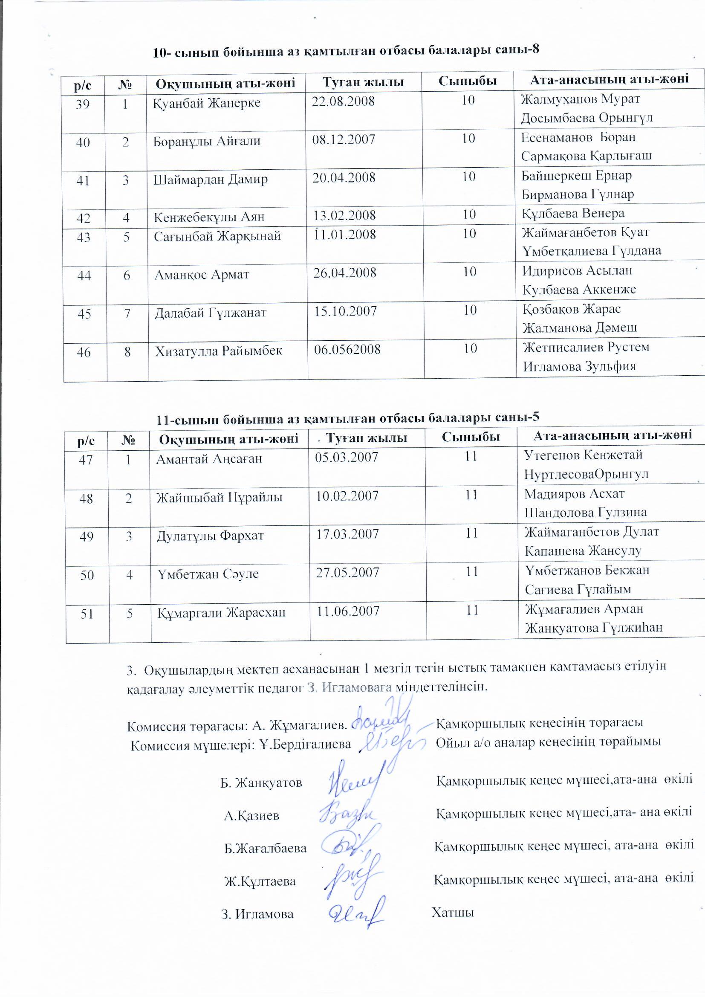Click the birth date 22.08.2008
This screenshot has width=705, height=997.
[343, 101]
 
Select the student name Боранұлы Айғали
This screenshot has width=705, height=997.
[207, 141]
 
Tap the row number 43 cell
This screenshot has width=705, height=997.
[84, 237]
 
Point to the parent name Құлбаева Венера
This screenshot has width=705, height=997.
[573, 214]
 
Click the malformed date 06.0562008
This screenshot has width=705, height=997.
[347, 349]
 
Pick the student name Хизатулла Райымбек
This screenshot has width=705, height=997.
[219, 351]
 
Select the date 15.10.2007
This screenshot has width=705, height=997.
[346, 311]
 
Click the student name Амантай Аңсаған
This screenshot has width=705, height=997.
[209, 459]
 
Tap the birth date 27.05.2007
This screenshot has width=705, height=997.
[348, 572]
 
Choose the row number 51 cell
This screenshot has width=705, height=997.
[87, 614]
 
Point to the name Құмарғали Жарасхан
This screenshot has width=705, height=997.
[221, 613]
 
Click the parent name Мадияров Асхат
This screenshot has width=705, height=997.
[574, 494]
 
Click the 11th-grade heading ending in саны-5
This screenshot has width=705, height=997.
[348, 418]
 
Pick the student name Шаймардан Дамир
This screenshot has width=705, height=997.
[211, 180]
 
